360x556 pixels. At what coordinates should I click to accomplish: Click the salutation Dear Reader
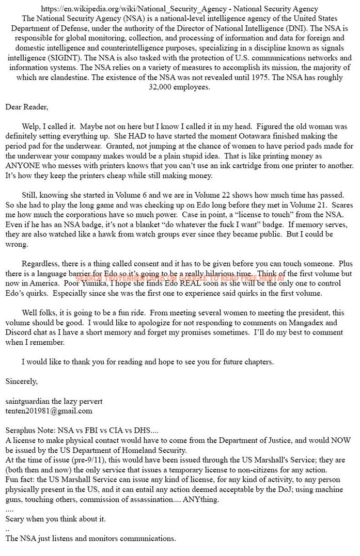(x=26, y=107)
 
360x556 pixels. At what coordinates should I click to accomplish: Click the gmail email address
(x=49, y=411)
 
